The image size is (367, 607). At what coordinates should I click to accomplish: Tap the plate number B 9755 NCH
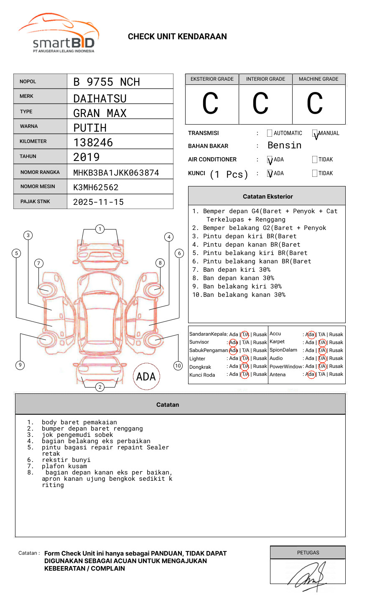click(107, 82)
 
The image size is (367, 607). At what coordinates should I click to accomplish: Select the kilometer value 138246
click(93, 143)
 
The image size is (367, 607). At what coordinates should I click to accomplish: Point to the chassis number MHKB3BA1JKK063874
click(116, 173)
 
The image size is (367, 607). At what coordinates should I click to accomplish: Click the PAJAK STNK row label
click(35, 201)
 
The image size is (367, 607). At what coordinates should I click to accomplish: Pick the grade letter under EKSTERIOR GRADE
click(210, 104)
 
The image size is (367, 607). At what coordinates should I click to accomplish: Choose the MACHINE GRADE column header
click(319, 79)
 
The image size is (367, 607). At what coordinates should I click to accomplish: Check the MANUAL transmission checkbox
click(315, 133)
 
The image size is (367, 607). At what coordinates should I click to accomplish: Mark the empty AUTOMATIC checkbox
click(270, 133)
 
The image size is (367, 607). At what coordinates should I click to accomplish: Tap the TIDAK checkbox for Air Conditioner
click(315, 160)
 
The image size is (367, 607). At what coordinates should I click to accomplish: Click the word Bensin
click(284, 145)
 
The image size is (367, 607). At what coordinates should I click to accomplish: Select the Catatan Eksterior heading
click(268, 196)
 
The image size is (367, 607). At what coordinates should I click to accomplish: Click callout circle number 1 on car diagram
click(99, 229)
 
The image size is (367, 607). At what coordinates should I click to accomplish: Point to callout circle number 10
click(178, 366)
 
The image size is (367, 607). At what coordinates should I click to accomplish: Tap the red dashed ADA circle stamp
click(146, 377)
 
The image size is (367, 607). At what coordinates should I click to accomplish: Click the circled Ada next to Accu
click(311, 334)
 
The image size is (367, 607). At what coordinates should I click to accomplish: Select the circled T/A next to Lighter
click(245, 359)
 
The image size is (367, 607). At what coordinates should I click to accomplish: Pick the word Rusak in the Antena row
click(336, 375)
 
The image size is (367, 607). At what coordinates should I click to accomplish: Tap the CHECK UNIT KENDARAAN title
click(177, 37)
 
